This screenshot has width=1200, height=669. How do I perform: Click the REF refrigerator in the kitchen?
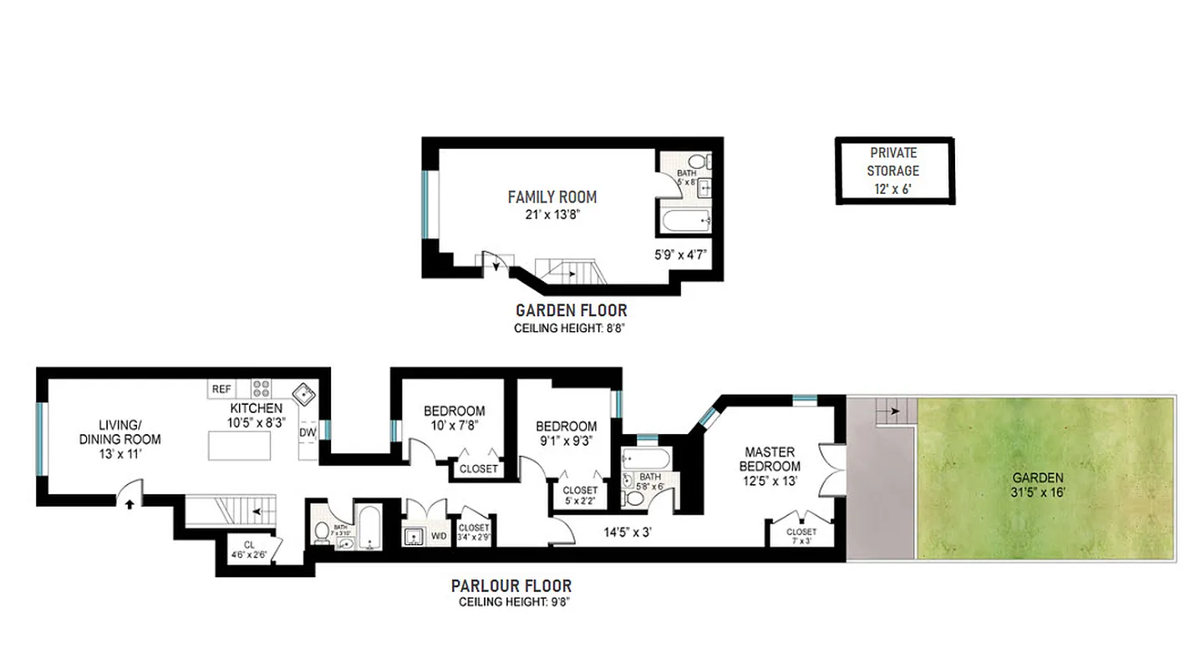coord(221,389)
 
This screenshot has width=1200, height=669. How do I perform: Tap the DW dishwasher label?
coord(308,432)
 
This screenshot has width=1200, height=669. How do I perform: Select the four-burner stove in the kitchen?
coord(262,389)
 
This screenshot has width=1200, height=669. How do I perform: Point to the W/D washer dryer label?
coord(439,535)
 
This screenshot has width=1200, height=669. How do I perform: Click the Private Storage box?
coord(894,171)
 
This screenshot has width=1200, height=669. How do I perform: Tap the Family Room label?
coord(552,197)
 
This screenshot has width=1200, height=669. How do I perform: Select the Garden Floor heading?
coord(571,311)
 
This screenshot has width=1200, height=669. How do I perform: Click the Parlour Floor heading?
coord(511,586)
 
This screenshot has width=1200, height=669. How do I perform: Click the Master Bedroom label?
coord(773,459)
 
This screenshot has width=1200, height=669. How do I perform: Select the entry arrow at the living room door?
coord(130,502)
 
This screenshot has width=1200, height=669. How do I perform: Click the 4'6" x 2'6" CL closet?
coord(250,547)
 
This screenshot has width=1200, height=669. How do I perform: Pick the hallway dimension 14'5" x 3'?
coord(629,531)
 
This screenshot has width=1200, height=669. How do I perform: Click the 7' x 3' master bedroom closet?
coord(801,535)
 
